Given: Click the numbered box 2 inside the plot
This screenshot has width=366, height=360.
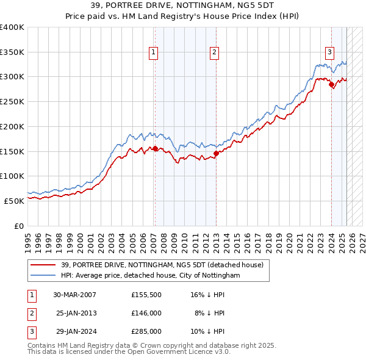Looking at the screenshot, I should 215,52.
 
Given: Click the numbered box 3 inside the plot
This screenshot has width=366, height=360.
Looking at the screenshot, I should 329,52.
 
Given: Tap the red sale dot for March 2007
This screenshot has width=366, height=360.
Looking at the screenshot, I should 155,148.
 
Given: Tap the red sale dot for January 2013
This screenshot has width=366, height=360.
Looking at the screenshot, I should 216,153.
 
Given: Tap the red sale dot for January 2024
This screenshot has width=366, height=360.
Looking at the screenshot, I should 331,85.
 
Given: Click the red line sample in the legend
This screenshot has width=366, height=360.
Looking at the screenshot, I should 43,265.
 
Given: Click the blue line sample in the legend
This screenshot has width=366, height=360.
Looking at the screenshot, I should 43,276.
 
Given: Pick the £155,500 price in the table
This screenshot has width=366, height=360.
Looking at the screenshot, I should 146,294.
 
